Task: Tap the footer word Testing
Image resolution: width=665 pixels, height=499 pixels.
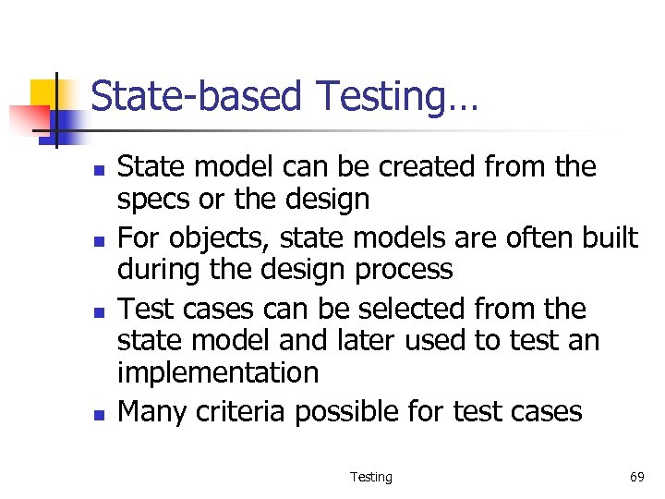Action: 370,477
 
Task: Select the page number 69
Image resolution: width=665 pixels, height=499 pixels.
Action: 636,477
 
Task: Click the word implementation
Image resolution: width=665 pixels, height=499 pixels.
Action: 218,373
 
